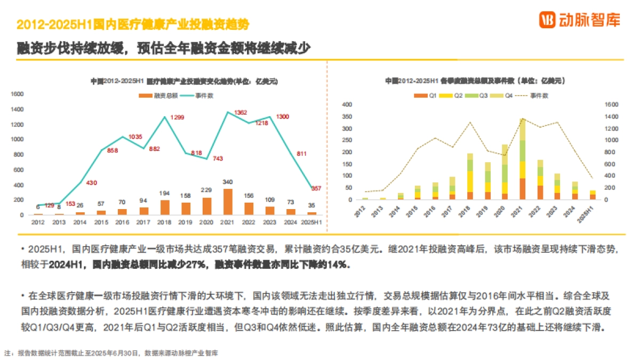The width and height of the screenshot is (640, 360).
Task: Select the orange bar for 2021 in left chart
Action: [228, 202]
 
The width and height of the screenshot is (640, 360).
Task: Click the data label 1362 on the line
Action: [241, 113]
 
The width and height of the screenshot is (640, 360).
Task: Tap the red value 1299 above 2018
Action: [178, 117]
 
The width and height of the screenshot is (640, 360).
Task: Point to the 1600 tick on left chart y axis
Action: [18, 94]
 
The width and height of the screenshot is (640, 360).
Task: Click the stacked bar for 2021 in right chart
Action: [522, 159]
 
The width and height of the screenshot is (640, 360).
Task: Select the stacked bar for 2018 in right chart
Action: [470, 177]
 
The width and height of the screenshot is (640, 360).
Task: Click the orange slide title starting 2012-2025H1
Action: [133, 25]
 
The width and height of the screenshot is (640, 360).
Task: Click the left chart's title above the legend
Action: [183, 82]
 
